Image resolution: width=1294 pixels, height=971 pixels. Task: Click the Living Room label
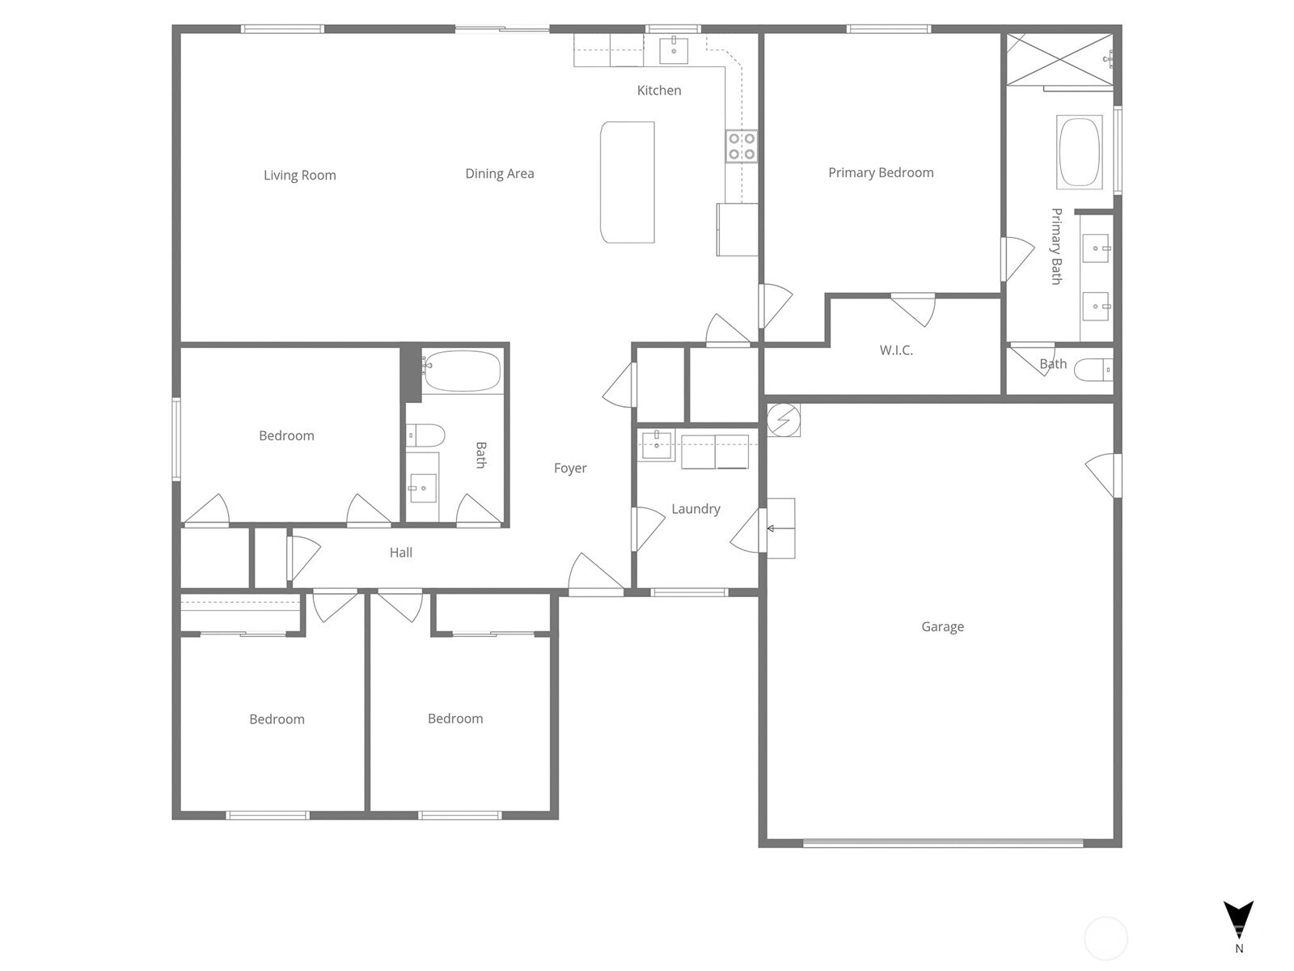coord(299,175)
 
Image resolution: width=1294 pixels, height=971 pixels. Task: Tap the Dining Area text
coord(499,173)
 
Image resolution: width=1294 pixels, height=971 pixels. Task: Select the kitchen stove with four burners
coord(741,146)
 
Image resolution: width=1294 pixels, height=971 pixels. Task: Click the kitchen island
coord(628,182)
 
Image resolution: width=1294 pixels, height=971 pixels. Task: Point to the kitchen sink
coord(673,50)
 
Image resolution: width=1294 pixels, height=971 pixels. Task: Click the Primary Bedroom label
coord(881,172)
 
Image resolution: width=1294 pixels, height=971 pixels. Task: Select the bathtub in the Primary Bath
coord(1080,152)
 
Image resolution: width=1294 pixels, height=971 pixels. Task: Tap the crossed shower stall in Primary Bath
coord(1059,59)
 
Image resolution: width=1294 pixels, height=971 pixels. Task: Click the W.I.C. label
coord(896,350)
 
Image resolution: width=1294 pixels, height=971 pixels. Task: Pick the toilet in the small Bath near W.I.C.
coord(1093,371)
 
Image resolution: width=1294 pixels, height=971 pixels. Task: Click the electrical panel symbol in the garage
coord(784,420)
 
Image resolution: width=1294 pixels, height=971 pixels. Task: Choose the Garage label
coord(943,626)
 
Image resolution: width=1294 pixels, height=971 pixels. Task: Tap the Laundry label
coord(696,509)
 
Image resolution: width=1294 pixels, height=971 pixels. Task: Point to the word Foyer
coord(570,469)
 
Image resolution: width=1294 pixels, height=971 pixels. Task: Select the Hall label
coord(401,553)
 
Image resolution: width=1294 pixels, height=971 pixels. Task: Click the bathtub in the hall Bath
coord(462,371)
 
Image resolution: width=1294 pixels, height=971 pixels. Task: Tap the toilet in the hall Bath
coord(425,435)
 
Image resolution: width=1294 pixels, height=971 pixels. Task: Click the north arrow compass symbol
coord(1238,920)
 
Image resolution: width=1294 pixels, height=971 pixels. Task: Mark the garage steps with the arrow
coord(780,528)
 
